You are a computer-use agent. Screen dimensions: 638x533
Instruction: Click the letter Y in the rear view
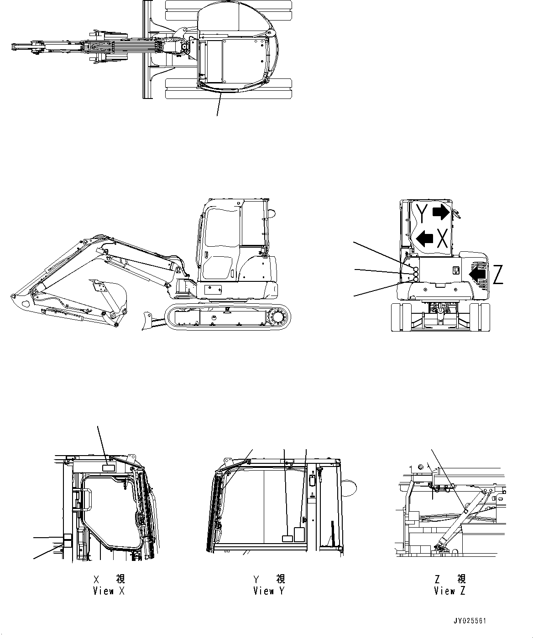(423, 214)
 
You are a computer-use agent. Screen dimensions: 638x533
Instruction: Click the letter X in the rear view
(441, 238)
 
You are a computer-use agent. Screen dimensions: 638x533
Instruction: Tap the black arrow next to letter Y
(441, 212)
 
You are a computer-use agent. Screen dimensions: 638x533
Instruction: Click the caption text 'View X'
(109, 591)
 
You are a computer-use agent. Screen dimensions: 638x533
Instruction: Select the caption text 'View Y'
(269, 591)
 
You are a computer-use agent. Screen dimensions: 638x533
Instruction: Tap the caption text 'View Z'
(450, 591)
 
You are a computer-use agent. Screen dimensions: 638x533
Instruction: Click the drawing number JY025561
(470, 621)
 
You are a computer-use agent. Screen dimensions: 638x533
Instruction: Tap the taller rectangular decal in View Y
(299, 534)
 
